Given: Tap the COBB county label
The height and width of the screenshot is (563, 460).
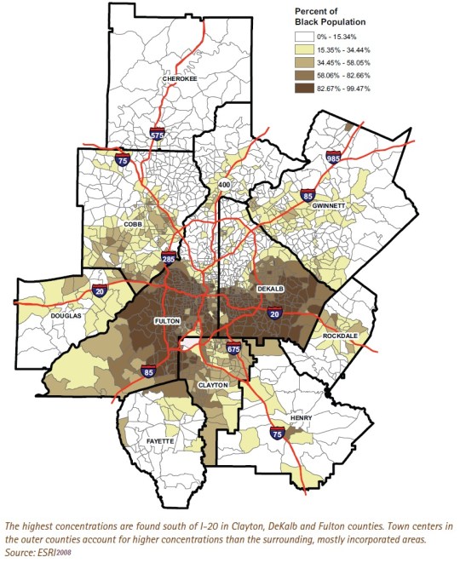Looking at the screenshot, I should [x=132, y=225].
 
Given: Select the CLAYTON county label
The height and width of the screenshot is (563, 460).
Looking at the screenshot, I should [x=213, y=385].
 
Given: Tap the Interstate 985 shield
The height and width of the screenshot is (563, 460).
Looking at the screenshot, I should [x=334, y=158].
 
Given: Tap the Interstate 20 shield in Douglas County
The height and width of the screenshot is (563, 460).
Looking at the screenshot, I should [x=99, y=292].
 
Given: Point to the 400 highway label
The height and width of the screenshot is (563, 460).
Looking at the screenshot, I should [x=225, y=185].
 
